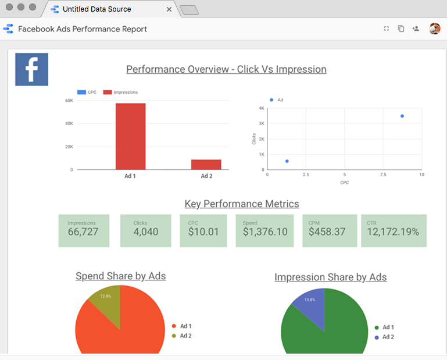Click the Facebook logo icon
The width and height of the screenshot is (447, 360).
point(31,69)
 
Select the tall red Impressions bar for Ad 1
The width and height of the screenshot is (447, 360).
point(130,136)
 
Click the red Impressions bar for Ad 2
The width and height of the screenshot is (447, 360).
point(206,165)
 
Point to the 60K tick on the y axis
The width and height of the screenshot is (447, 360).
point(69,101)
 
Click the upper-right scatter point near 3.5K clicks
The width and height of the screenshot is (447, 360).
point(402,116)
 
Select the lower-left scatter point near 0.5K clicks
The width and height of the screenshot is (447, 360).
point(287,161)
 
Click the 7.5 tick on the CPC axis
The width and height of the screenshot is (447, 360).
point(383,174)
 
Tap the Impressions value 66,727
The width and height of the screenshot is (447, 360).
point(83,232)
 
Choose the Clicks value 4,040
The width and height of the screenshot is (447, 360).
point(145,232)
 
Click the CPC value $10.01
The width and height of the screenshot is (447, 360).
point(203,232)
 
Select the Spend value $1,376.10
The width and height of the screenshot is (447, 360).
point(265,232)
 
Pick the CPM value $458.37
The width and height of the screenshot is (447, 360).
point(327,232)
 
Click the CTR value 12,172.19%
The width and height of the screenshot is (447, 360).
point(394,232)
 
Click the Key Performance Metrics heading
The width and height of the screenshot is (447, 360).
point(242,204)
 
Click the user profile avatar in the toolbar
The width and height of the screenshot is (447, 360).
point(435,28)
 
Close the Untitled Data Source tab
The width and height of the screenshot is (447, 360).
point(170,9)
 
